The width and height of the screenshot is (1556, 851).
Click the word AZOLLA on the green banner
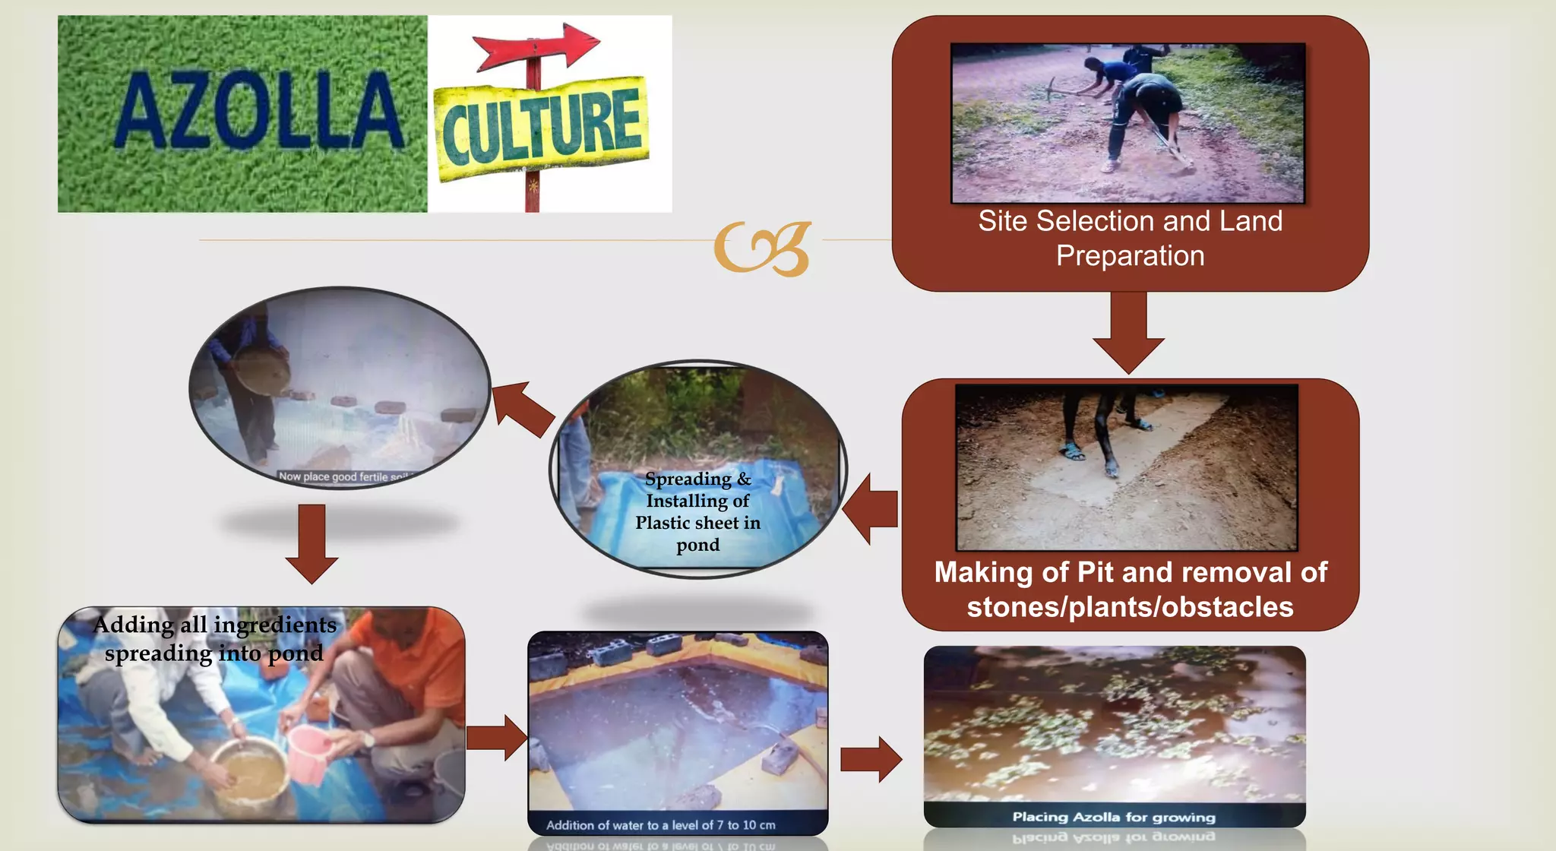(x=259, y=112)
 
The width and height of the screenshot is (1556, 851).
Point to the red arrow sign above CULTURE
(x=536, y=45)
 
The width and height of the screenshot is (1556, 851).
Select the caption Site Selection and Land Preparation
(x=1130, y=238)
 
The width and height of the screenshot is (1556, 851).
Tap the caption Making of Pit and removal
(x=1130, y=590)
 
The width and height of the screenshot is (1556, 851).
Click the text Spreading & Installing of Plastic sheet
(x=697, y=511)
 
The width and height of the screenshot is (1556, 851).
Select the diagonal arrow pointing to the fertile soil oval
(x=523, y=408)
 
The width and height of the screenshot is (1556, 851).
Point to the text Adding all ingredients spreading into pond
(x=214, y=638)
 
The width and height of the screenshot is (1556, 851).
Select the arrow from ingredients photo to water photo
(x=497, y=737)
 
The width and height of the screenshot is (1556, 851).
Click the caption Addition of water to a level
(x=660, y=825)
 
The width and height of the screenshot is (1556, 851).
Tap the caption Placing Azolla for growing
(x=1113, y=817)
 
